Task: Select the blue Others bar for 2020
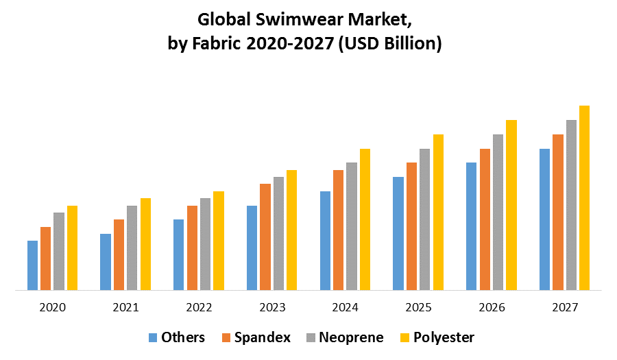32,265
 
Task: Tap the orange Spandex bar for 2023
265,237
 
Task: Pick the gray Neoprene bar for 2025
424,219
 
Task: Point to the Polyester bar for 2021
145,244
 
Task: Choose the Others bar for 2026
471,226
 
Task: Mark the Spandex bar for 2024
338,230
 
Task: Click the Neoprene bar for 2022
205,244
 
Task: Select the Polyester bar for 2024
365,219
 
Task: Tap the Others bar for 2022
178,254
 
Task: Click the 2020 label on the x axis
52,307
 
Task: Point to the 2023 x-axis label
271,307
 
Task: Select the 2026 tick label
491,307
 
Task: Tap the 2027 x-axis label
564,307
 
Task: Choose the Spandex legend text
262,337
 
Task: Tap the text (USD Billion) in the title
394,44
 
